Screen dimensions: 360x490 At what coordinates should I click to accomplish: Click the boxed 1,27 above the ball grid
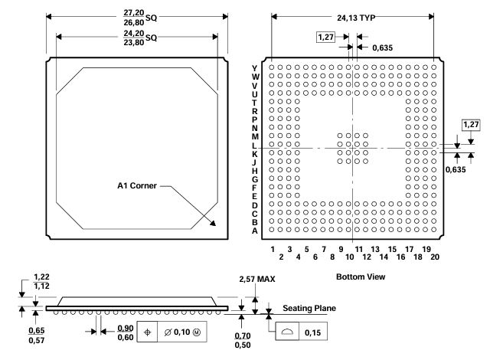point(325,37)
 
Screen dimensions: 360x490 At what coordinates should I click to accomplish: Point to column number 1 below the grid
point(272,249)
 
